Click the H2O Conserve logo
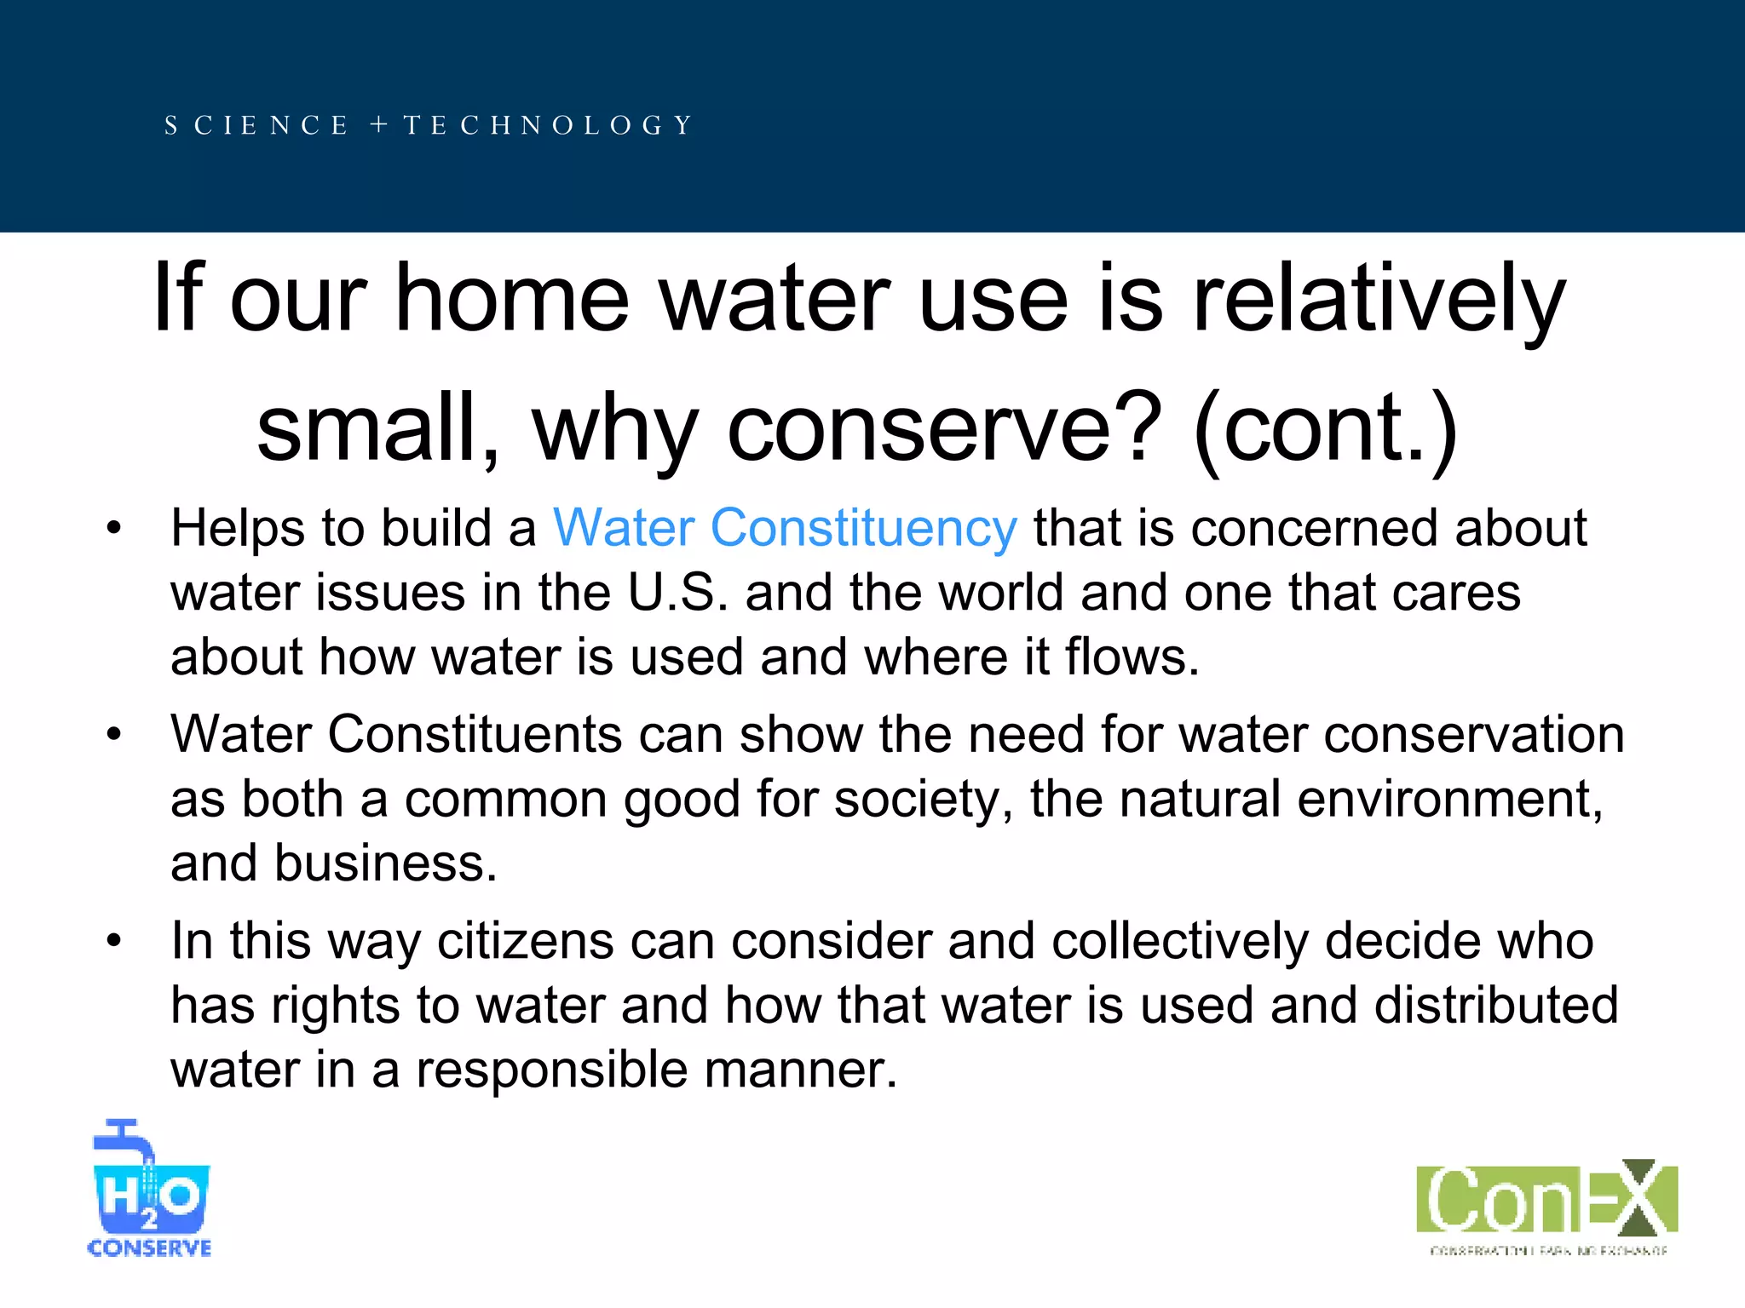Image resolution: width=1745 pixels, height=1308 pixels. coord(150,1190)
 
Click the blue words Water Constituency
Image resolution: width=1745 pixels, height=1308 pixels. coord(784,528)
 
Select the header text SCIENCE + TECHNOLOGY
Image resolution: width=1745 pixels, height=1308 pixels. coord(429,126)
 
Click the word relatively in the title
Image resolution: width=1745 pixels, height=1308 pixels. coord(1378,298)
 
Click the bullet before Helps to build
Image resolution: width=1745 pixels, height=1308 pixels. coord(114,529)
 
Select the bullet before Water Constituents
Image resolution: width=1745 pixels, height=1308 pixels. coord(114,735)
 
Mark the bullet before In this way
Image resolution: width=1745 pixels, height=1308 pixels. coord(114,942)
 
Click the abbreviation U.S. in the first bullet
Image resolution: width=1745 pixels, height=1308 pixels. coord(677,593)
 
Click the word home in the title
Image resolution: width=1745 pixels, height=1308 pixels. coord(511,298)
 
